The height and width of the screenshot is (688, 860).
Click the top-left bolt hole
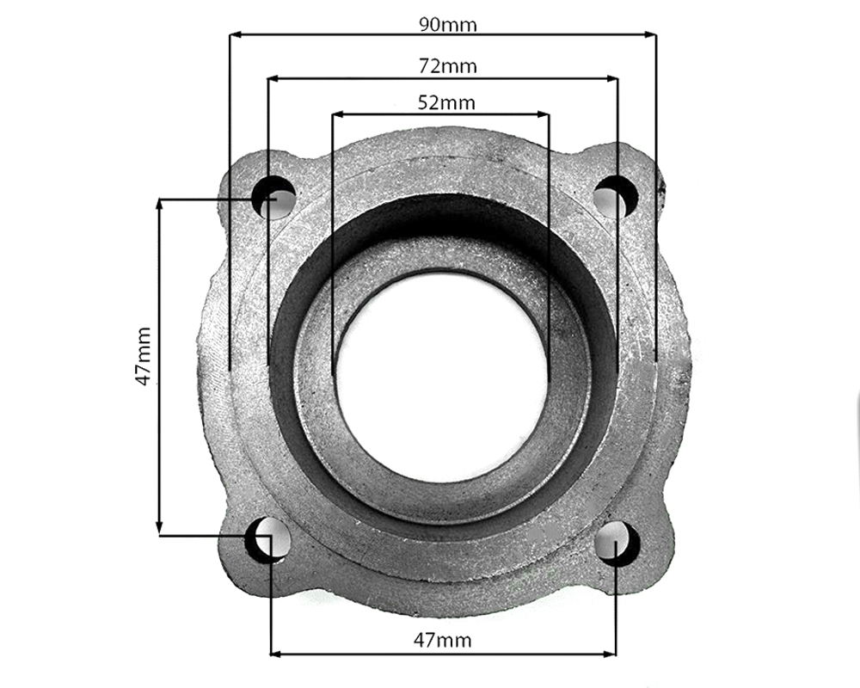pyautogui.click(x=273, y=197)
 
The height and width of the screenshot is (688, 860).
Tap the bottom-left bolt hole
pyautogui.click(x=269, y=539)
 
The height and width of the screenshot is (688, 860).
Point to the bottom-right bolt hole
pyautogui.click(x=617, y=542)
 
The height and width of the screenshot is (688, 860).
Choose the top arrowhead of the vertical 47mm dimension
pyautogui.click(x=159, y=206)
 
